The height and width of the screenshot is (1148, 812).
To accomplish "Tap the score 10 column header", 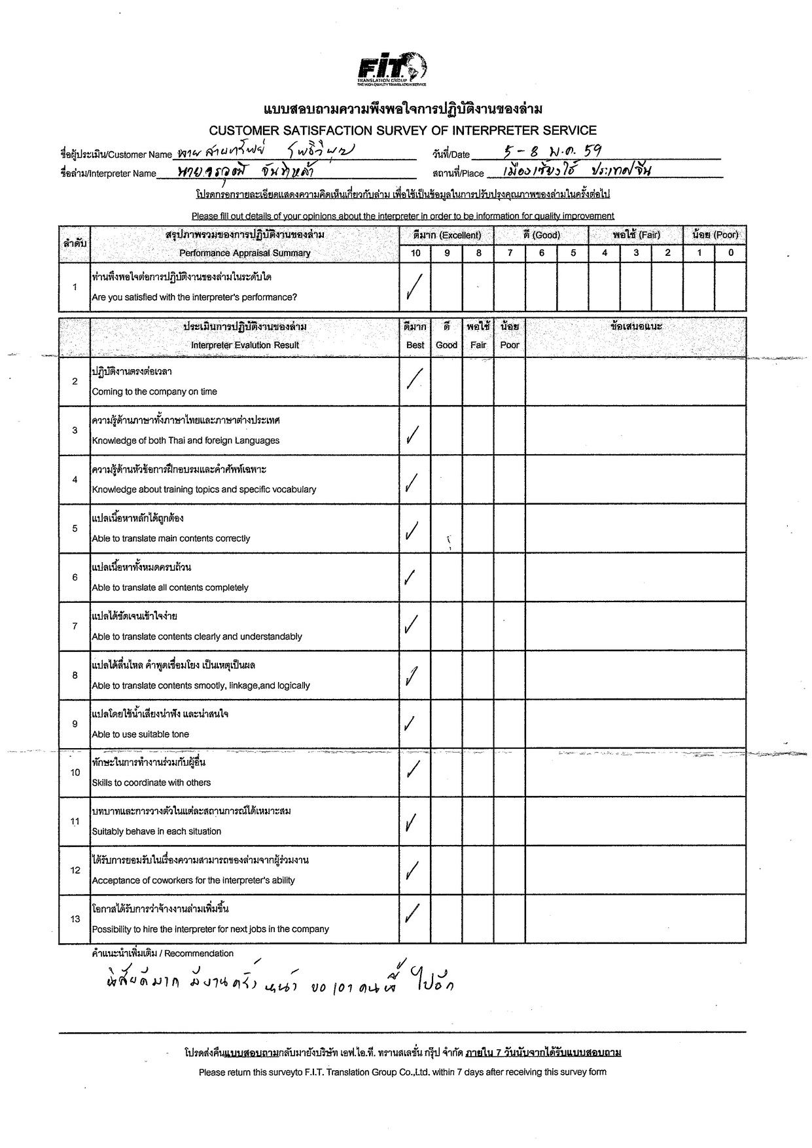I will (x=415, y=253).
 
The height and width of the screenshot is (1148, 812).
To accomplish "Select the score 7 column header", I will (x=510, y=253).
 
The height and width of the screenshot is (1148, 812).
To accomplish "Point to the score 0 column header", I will (x=730, y=253).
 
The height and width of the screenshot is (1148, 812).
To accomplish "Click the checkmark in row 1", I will (x=414, y=286).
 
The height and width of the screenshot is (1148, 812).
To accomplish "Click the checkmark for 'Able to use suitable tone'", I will (x=410, y=723).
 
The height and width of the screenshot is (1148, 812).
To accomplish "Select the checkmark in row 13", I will (x=412, y=914).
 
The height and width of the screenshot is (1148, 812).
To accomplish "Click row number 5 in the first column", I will (x=75, y=528).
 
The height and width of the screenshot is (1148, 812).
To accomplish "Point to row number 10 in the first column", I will (x=75, y=772).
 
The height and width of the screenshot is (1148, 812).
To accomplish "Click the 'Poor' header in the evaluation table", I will (x=510, y=345).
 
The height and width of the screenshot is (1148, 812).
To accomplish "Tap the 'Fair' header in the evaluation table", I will (x=478, y=345).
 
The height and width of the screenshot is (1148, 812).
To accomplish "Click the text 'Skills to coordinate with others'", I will (x=151, y=783).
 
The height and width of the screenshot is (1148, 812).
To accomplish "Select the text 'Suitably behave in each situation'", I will (x=156, y=831).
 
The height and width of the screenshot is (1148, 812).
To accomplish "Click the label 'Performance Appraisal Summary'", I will (x=245, y=253).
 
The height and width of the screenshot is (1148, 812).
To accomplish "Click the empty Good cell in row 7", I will (x=447, y=626).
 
